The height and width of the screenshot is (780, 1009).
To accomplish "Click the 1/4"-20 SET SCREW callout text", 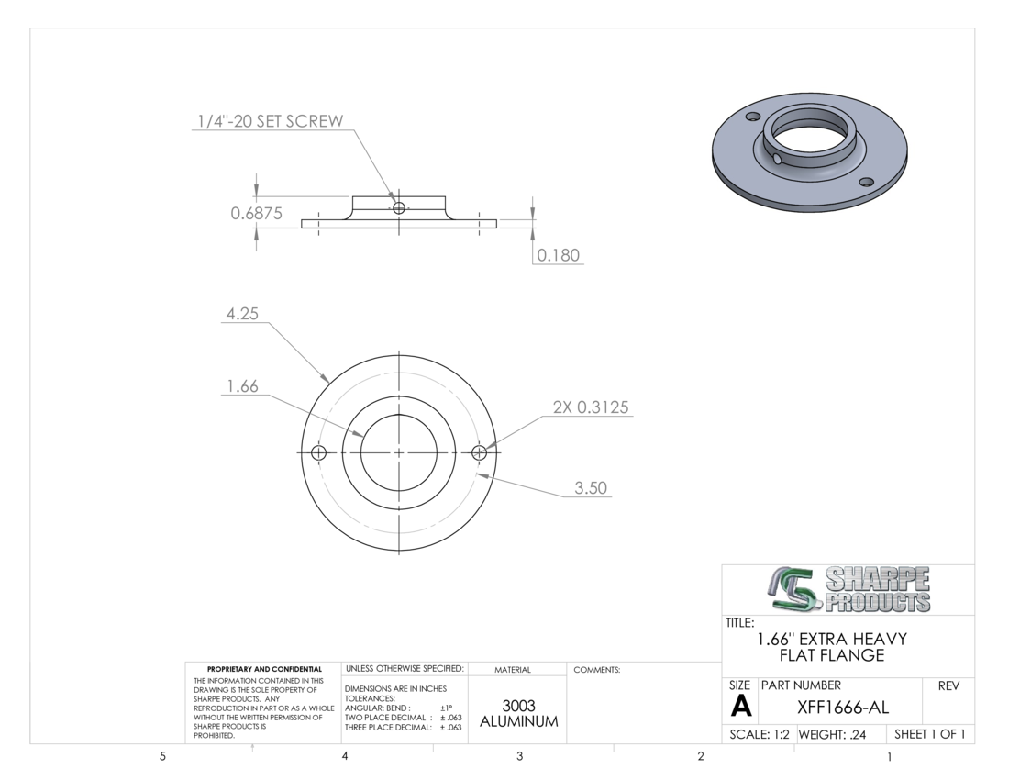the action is point(271,121).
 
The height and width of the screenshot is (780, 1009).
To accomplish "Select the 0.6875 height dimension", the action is point(256,213).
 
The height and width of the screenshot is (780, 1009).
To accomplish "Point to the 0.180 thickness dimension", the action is point(558,255).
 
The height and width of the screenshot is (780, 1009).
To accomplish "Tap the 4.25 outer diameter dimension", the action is point(242,314).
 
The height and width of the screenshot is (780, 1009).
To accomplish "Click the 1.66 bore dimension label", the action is point(242,386).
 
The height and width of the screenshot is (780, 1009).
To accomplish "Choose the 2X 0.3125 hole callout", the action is point(591,407).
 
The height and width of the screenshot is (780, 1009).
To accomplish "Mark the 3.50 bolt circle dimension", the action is point(591,488).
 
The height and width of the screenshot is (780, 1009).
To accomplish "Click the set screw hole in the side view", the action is point(399,208).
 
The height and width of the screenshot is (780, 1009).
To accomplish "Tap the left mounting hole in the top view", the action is point(318,452).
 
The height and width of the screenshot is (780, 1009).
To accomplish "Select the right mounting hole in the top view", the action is point(479,452).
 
